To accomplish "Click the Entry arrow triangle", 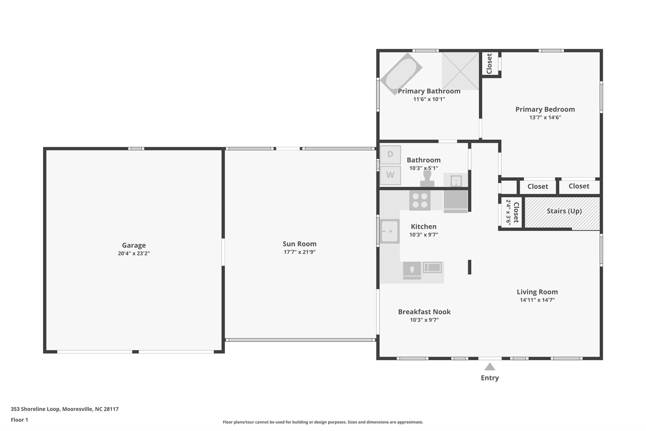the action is pos(490,367).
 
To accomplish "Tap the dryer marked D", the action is pos(390,155).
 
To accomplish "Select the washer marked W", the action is pos(390,175).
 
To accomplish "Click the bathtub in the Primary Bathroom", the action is pos(401,74).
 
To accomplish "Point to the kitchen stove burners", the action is pos(420,201).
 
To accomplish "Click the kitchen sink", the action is pos(390,231).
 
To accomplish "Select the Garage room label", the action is pos(134,245).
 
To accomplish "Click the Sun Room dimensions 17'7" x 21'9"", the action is pos(299,252).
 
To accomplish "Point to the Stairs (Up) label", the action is pos(564,211).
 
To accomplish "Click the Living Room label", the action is pos(537,292).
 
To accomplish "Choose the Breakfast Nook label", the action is pos(424,312).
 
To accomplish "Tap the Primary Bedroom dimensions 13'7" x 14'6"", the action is pos(545,117).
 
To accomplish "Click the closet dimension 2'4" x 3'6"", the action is pos(508,212).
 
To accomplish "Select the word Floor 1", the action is pos(20,420).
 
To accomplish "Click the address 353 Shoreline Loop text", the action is pos(35,409).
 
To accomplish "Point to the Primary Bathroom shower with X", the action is pos(460,71).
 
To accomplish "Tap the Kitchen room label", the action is pos(424,227).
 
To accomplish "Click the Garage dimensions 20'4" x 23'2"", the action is pos(134,254).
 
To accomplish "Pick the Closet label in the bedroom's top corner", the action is pos(489,64).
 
